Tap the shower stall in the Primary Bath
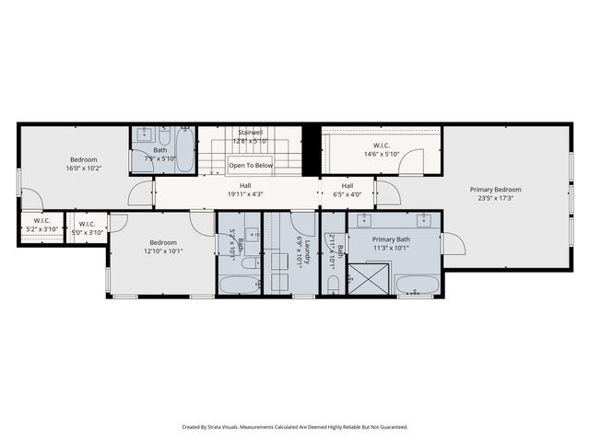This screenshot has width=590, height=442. (x=367, y=278)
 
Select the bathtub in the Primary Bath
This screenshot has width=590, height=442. (x=418, y=285)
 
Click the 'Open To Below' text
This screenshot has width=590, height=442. (x=251, y=166)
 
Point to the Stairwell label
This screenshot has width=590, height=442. (x=251, y=133)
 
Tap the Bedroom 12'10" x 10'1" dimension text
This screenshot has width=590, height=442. (x=163, y=251)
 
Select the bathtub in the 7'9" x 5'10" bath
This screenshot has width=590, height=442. (x=183, y=153)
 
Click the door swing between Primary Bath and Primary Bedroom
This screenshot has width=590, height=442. (x=452, y=243)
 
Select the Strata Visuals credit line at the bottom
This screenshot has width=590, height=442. (x=294, y=426)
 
